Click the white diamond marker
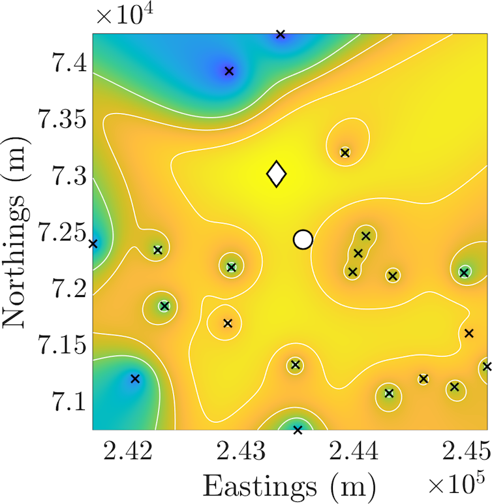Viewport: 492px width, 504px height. click(277, 174)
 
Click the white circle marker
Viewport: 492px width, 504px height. click(303, 240)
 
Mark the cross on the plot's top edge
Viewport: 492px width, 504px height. click(281, 34)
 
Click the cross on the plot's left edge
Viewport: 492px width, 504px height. click(93, 244)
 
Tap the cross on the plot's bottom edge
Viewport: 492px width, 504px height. click(298, 430)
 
